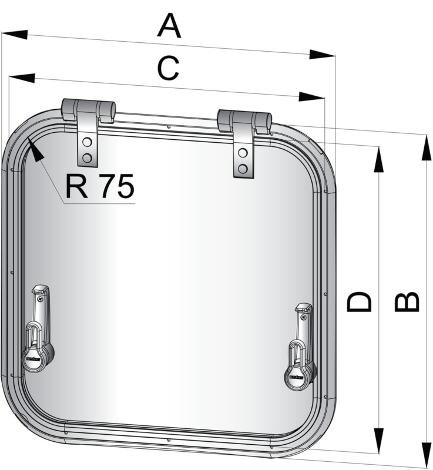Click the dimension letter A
[x=169, y=26]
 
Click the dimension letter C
[x=168, y=69]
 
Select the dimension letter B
[x=406, y=301]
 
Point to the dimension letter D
[x=360, y=301]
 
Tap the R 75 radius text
[x=100, y=186]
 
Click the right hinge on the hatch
[x=244, y=141]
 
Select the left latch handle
[x=39, y=329]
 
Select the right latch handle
[x=301, y=347]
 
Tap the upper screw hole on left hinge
[x=87, y=143]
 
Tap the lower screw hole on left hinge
[x=87, y=157]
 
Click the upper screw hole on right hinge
[x=242, y=154]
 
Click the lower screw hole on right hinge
[x=242, y=170]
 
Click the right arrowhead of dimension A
[x=322, y=54]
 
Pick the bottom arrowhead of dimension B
[x=424, y=454]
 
